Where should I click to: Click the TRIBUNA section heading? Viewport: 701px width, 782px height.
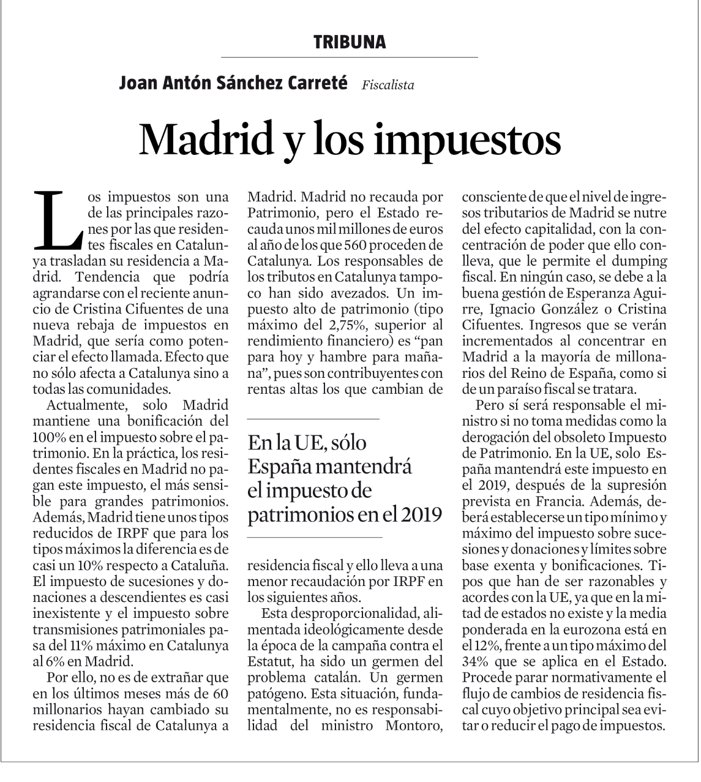[350, 42]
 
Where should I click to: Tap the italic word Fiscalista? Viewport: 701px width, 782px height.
[388, 85]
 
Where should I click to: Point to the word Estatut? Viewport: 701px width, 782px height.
[270, 661]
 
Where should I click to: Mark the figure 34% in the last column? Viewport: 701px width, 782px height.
[475, 661]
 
